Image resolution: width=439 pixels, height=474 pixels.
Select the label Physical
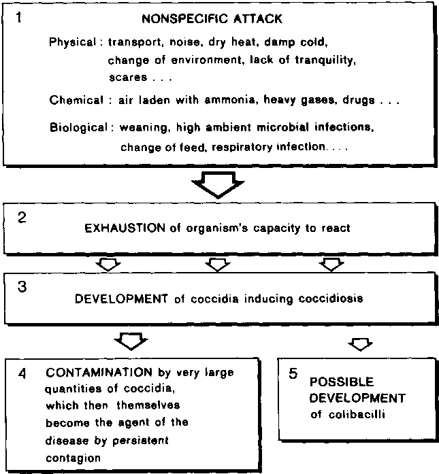click(73, 41)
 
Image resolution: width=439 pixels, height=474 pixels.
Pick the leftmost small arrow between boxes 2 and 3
click(109, 264)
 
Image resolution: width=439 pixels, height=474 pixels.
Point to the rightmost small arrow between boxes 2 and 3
click(331, 264)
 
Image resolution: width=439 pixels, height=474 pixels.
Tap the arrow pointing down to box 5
click(360, 343)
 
